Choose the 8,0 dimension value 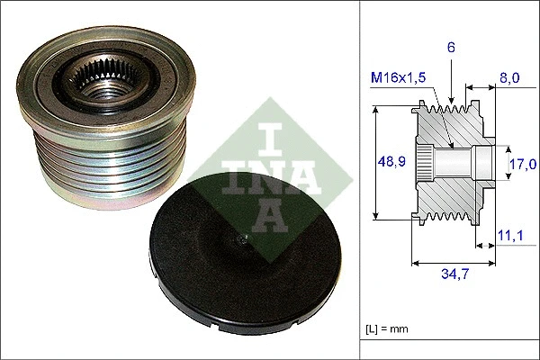tap(508, 79)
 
